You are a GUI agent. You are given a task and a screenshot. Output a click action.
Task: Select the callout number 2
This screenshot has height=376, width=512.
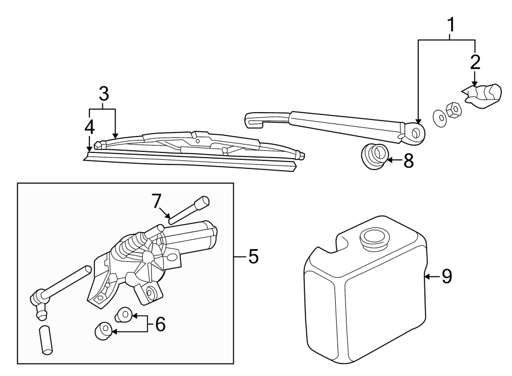coord(475,62)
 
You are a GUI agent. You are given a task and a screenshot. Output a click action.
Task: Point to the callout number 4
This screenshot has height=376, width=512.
coord(89,128)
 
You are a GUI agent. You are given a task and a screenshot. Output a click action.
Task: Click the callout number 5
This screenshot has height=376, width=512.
coord(253,257)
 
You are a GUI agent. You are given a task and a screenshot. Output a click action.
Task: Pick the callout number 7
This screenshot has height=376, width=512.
coord(157,201)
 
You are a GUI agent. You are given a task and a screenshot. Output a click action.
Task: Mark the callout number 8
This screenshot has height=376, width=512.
coord(408,161)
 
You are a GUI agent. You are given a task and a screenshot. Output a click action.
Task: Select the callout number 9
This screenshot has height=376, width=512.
coord(447,277)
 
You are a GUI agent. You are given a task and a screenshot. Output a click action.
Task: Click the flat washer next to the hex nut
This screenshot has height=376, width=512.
coord(439,116)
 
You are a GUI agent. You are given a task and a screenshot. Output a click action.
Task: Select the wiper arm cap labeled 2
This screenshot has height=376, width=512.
coord(484,94)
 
